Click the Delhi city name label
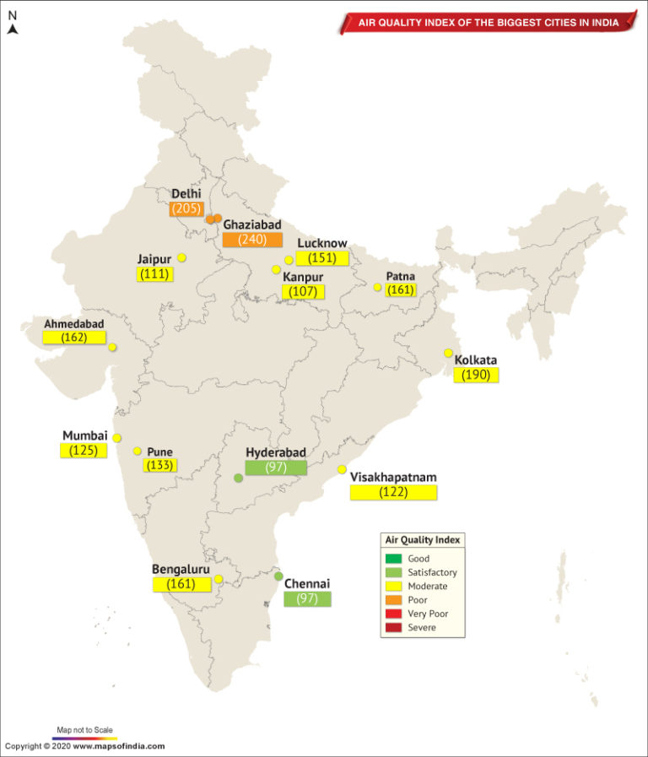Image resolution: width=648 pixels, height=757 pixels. tap(186, 194)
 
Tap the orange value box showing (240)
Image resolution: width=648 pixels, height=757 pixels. tap(251, 240)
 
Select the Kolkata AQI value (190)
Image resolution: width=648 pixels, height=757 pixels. tap(476, 376)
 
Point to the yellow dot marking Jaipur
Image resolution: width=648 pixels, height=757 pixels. tap(181, 257)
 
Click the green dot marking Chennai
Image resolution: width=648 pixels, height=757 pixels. tap(278, 576)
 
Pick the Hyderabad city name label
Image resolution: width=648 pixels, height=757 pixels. tap(275, 452)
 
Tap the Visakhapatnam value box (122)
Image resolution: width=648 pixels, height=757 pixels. tap(393, 492)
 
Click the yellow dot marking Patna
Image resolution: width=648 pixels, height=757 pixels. tap(377, 287)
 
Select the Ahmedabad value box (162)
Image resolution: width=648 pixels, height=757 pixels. tap(74, 338)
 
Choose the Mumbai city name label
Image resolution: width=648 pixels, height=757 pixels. tap(85, 435)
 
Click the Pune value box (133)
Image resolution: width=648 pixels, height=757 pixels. tap(159, 466)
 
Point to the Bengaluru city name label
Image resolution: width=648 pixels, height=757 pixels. tap(181, 569)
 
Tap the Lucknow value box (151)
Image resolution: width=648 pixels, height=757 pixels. tap(321, 258)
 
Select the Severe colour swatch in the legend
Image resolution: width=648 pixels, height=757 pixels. tap(393, 628)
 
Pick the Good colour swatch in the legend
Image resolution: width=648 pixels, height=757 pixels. tap(393, 559)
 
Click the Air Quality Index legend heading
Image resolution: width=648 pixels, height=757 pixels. tap(424, 540)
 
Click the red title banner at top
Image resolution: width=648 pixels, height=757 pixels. tap(488, 22)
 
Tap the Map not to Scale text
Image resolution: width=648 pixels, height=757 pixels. tap(82, 728)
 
